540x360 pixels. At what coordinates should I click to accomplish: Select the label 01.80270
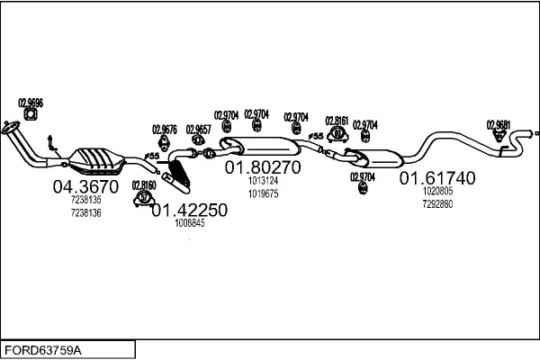[x=263, y=166]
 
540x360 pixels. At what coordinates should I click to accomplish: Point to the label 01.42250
[x=189, y=210]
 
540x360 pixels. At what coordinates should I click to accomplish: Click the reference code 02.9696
[x=31, y=102]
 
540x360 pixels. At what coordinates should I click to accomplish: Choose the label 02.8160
[x=144, y=185]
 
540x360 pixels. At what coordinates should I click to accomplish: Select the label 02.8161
[x=337, y=120]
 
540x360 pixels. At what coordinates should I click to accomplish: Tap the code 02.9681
[x=499, y=124]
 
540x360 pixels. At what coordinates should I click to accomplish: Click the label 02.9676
[x=164, y=128]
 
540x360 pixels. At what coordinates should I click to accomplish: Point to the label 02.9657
[x=198, y=129]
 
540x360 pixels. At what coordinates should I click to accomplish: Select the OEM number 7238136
[x=86, y=212]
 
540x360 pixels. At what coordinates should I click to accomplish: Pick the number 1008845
[x=190, y=223]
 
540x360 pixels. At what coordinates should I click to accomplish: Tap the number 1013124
[x=264, y=180]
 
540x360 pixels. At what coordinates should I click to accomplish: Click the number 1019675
[x=264, y=193]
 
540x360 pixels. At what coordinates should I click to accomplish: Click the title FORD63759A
[x=43, y=349]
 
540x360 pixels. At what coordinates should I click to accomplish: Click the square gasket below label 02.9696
[x=31, y=114]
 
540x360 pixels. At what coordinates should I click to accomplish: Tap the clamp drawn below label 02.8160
[x=142, y=198]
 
